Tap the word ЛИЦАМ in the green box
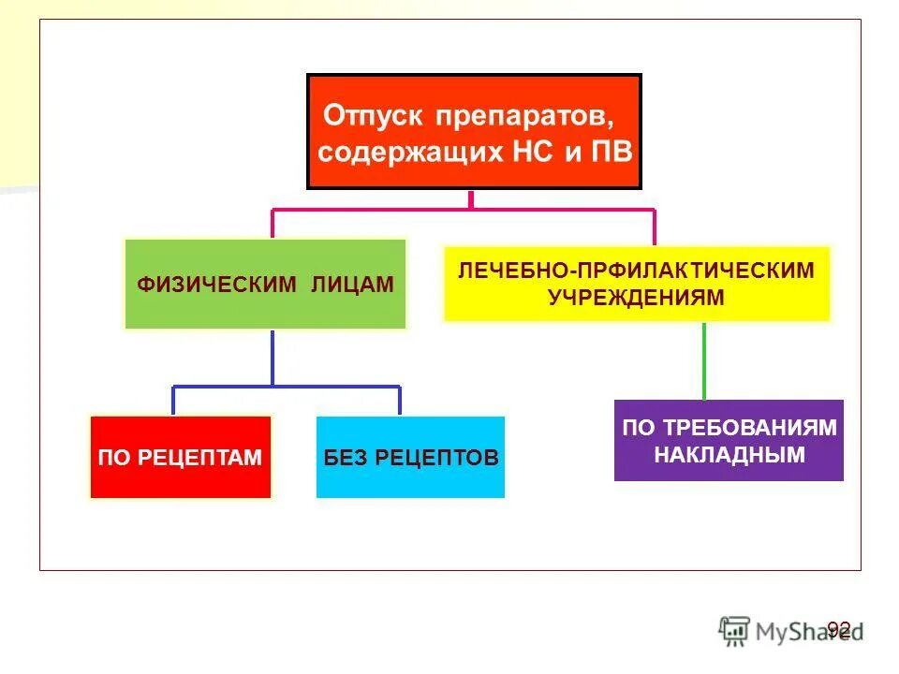click(352, 285)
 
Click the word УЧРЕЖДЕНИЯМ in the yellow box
click(636, 297)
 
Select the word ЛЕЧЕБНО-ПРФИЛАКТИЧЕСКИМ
click(636, 271)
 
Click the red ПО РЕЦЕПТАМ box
click(180, 458)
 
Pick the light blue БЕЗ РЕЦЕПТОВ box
click(410, 458)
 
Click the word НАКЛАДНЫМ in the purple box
click(730, 455)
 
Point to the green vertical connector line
click(703, 360)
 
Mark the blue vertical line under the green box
click(273, 356)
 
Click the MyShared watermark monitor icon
click(734, 630)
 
